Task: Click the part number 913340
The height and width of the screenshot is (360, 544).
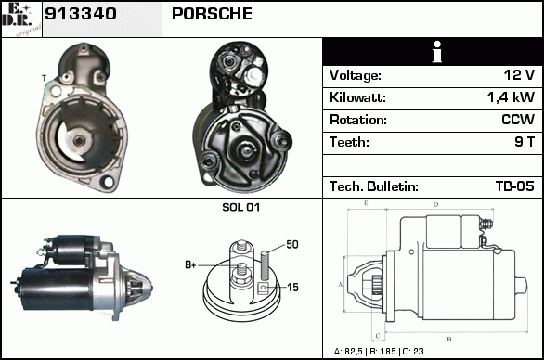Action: click(x=81, y=14)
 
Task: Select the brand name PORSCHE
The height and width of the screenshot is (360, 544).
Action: click(x=212, y=14)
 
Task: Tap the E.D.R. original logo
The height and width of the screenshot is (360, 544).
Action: click(x=21, y=19)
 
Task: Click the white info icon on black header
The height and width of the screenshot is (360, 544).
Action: click(x=437, y=52)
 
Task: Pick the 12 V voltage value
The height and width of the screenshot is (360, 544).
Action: click(x=519, y=75)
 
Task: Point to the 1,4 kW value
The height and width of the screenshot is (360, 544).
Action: click(x=511, y=97)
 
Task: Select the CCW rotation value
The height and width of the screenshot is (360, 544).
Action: click(x=518, y=120)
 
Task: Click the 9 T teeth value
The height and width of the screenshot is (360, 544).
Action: click(x=525, y=142)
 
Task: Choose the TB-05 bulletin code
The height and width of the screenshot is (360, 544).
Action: click(x=515, y=186)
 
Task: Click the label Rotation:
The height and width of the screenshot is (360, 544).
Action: click(x=358, y=120)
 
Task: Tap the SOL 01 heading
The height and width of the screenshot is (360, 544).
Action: click(x=240, y=207)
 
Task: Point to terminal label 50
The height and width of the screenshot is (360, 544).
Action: click(x=292, y=245)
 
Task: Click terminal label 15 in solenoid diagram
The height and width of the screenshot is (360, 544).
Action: click(x=292, y=288)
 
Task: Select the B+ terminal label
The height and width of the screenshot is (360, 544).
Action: click(x=190, y=265)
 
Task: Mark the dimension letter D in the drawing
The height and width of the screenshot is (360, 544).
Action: click(x=435, y=205)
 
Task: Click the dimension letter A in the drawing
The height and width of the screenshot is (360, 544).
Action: click(x=341, y=285)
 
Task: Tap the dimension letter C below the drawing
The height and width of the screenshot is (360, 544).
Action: click(x=378, y=336)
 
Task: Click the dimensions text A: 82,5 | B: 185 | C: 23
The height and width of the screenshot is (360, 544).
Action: click(x=379, y=352)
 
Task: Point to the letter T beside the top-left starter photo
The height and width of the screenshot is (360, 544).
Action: click(x=44, y=78)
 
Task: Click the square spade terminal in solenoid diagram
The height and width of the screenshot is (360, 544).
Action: click(x=264, y=288)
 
